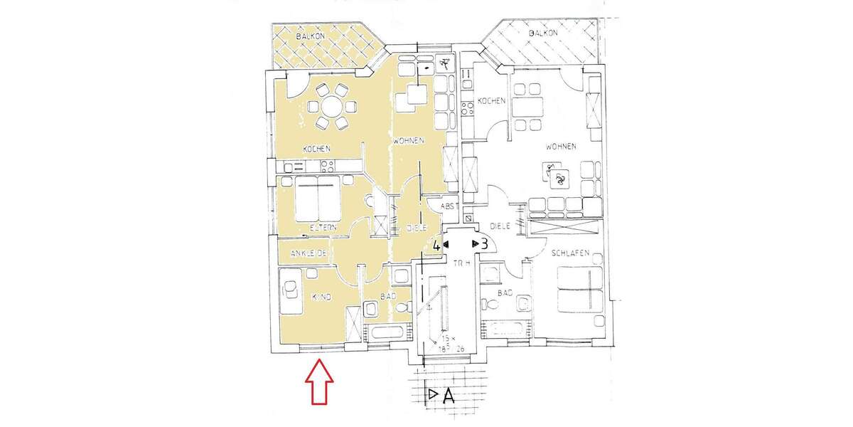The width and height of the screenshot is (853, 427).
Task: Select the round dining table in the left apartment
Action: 332,107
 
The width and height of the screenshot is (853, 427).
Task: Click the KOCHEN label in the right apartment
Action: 491,100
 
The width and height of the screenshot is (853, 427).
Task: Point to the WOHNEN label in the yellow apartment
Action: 408,140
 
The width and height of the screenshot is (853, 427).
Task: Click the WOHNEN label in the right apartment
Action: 560,147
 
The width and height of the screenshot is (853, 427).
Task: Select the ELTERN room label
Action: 322,228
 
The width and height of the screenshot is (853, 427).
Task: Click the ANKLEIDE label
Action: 308,253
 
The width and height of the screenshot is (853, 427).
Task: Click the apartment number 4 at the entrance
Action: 437,245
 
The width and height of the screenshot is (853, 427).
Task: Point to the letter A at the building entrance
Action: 449,396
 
